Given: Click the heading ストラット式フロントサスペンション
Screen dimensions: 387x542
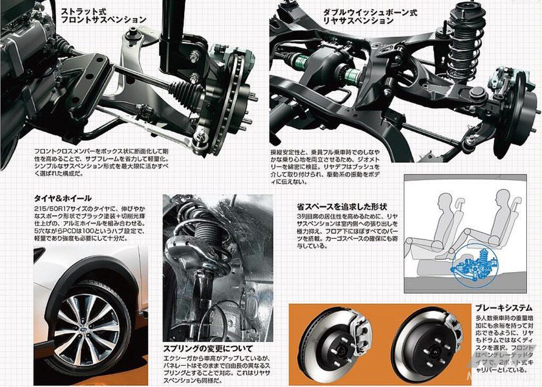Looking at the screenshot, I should [103, 15].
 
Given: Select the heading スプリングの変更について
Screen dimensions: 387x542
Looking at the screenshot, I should [208, 348].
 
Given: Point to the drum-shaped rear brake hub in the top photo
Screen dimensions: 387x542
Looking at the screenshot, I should [516, 114].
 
